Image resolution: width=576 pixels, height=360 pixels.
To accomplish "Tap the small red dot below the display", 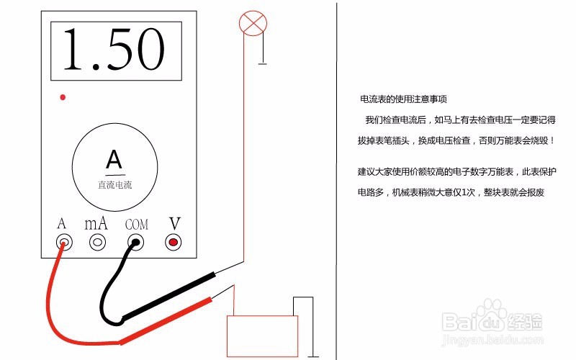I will point(63,96).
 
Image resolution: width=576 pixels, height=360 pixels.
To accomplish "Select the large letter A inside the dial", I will point(114,158).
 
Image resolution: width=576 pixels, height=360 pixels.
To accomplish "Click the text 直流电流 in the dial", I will point(115,184).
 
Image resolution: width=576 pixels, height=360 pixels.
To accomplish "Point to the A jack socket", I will point(64,243).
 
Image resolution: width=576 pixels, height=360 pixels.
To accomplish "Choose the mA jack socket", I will point(97,243).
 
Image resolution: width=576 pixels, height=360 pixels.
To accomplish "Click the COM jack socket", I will point(135,243).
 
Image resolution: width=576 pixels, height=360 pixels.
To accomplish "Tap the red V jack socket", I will point(173,243).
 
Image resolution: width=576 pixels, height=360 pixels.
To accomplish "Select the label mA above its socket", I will point(96,223).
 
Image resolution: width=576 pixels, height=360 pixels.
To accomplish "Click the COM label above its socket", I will point(136,225).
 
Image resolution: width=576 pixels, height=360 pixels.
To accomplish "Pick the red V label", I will point(174,223).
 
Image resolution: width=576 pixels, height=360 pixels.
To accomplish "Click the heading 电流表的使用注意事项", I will point(408,99).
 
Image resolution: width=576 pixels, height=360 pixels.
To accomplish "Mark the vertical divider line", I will point(336,180).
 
